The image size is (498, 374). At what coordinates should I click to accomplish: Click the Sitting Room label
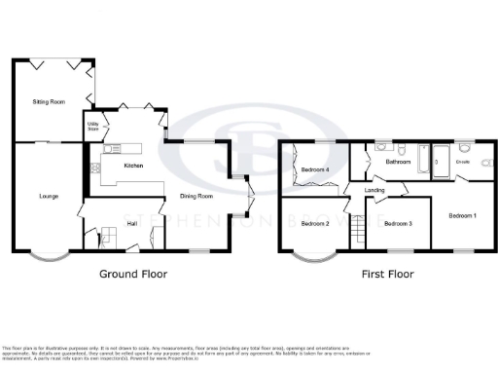point(49,101)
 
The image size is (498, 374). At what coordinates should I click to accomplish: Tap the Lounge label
point(48,198)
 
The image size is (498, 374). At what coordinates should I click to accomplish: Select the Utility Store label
point(93,126)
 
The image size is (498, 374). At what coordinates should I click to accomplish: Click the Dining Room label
point(196,198)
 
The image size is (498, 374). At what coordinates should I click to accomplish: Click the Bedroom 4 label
point(313,170)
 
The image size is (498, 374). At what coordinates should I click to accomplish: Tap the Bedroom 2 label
point(313,224)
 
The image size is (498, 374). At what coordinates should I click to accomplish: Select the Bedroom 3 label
point(398,224)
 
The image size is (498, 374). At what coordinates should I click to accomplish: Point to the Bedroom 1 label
point(461,214)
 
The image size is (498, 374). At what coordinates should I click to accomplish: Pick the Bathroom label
point(398,162)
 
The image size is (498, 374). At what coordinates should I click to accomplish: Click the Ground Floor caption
point(133,274)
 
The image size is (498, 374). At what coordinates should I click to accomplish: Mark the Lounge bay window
point(47,259)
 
